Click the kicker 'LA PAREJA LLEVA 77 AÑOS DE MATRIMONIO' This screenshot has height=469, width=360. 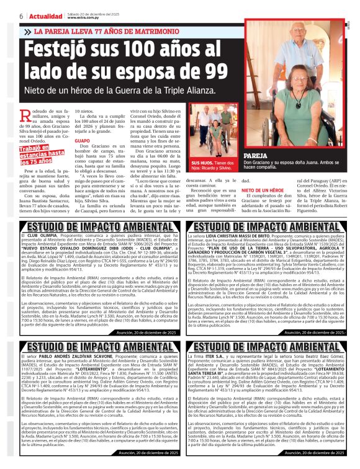[x=104, y=31]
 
